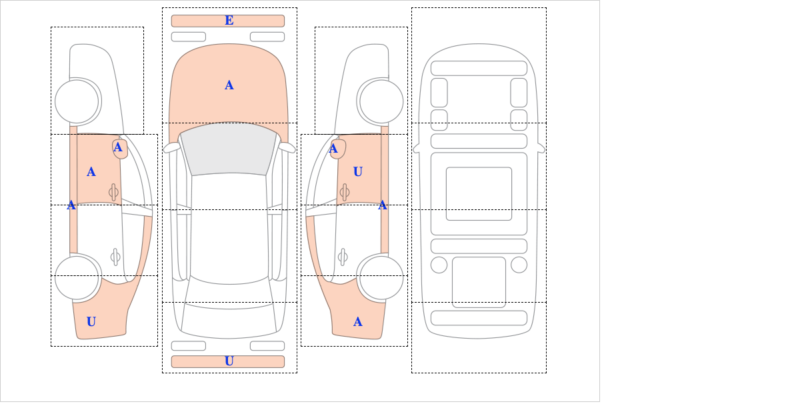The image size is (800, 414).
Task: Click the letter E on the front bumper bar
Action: click(229, 21)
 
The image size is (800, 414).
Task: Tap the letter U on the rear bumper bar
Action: click(229, 361)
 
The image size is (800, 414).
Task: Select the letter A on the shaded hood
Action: click(229, 85)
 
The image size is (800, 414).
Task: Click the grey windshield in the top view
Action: click(229, 150)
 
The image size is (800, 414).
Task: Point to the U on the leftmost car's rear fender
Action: click(91, 322)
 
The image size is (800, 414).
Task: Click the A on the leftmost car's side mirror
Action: click(118, 147)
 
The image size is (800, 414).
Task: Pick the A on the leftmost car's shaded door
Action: click(91, 172)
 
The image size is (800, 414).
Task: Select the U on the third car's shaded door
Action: click(357, 172)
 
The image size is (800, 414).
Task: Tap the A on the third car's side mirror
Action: click(333, 149)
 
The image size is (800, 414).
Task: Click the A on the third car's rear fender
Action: click(357, 322)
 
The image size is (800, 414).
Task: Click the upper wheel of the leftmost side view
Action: click(77, 101)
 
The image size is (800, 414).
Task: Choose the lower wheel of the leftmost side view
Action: click(77, 277)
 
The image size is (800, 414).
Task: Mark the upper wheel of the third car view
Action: click(381, 101)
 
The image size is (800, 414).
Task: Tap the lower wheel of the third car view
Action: click(381, 277)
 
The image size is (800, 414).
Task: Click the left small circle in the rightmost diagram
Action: click(439, 265)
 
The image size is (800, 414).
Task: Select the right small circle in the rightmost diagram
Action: click(519, 265)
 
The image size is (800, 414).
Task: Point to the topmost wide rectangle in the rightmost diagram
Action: click(479, 68)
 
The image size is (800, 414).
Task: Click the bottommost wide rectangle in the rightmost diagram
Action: click(479, 317)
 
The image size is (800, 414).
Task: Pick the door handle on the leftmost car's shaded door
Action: click(113, 192)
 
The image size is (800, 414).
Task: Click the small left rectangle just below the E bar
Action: click(188, 37)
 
